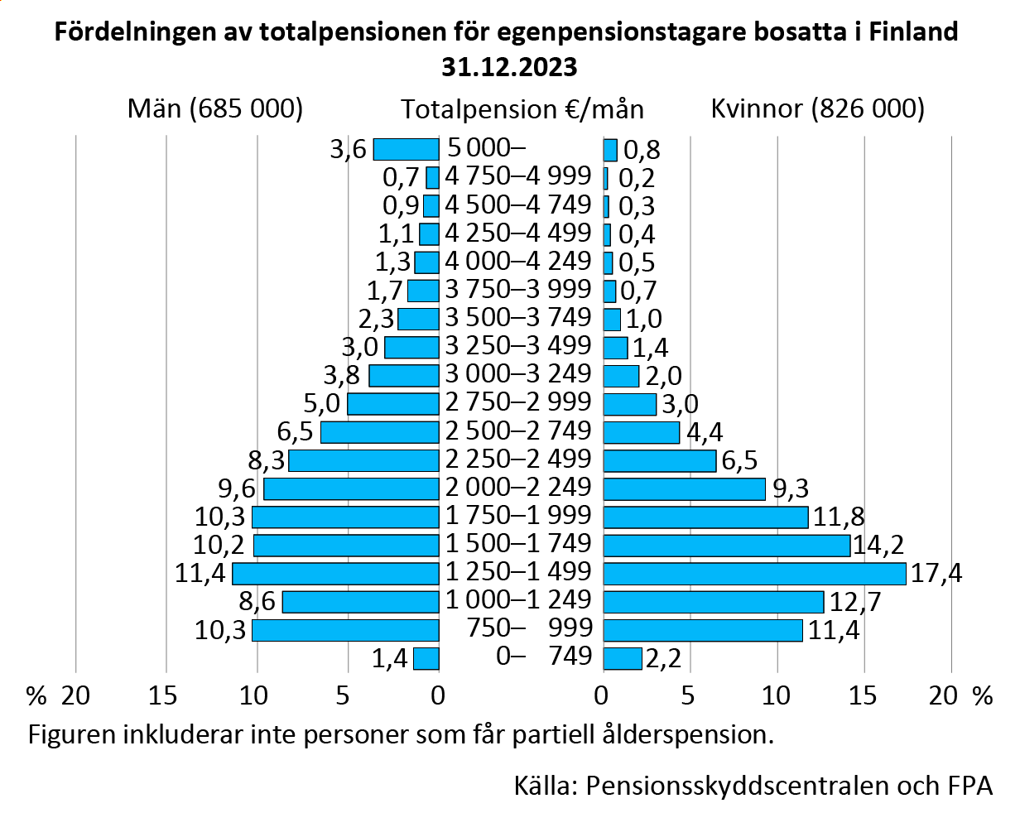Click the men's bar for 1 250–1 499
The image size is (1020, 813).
pyautogui.click(x=335, y=573)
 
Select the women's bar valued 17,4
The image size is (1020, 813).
pyautogui.click(x=754, y=573)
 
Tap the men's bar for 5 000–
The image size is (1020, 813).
pyautogui.click(x=406, y=150)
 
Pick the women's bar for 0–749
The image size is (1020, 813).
pyautogui.click(x=622, y=658)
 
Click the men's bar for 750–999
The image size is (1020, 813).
pyautogui.click(x=345, y=630)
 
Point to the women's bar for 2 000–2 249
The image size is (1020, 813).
pyautogui.click(x=684, y=489)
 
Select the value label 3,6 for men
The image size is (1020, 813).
pyautogui.click(x=348, y=151)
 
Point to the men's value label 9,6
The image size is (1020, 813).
pyautogui.click(x=237, y=489)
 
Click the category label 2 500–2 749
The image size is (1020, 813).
pyautogui.click(x=518, y=431)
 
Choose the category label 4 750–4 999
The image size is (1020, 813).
pyautogui.click(x=518, y=176)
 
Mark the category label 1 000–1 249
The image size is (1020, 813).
pyautogui.click(x=518, y=600)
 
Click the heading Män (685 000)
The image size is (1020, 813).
pyautogui.click(x=215, y=108)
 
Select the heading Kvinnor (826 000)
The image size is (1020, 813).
pyautogui.click(x=817, y=108)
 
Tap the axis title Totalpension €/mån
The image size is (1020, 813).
pyautogui.click(x=522, y=109)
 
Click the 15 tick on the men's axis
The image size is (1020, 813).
pyautogui.click(x=166, y=695)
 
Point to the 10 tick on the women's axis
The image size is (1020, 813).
pyautogui.click(x=777, y=695)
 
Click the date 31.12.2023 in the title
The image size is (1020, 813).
pyautogui.click(x=508, y=66)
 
